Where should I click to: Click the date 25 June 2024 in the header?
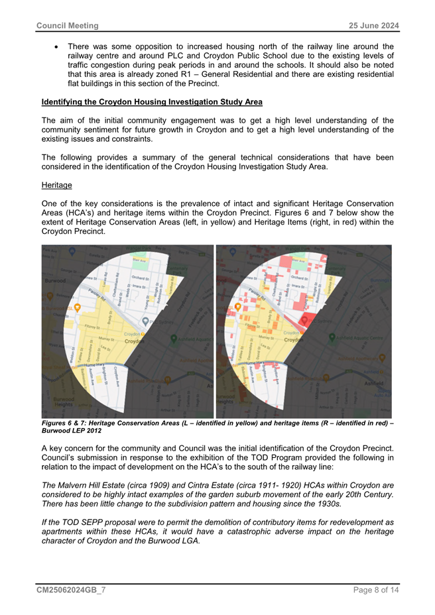[375, 26]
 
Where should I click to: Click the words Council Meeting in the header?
[67, 26]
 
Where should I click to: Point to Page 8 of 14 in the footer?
[375, 590]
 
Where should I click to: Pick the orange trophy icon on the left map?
[78, 307]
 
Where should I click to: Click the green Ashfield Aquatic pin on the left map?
[174, 338]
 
